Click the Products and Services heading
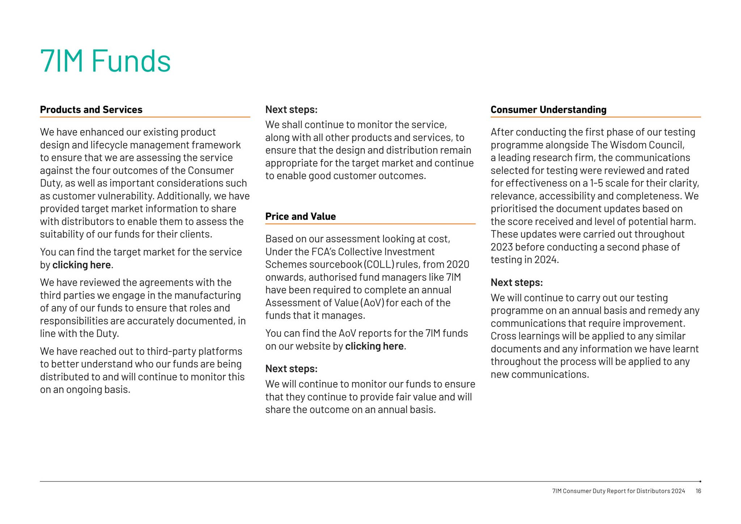[x=91, y=110]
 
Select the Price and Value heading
[x=300, y=216]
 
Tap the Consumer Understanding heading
[x=548, y=110]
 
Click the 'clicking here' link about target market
[x=81, y=265]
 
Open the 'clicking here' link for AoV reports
[x=374, y=346]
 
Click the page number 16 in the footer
[x=698, y=491]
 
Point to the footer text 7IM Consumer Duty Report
[x=618, y=491]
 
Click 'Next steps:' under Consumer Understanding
[x=516, y=282]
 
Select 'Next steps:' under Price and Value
[x=291, y=368]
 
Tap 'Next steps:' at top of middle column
[x=291, y=110]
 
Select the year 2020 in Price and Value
[x=458, y=264]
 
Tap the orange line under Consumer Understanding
[x=595, y=117]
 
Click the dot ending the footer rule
[x=700, y=481]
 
